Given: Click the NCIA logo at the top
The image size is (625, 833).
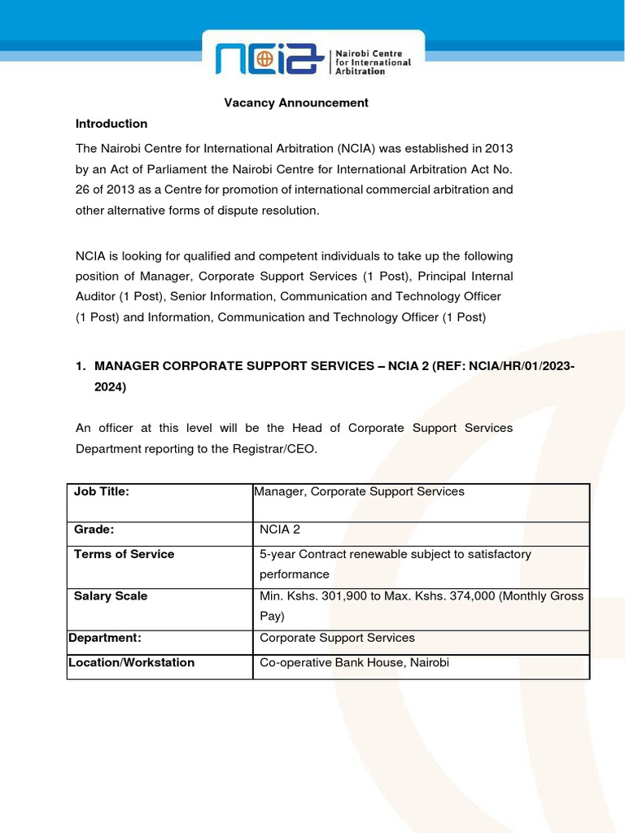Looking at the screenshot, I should point(312,59).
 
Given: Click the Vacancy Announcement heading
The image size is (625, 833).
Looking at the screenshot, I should point(296,102).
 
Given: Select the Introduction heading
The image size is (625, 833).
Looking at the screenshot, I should point(111,124).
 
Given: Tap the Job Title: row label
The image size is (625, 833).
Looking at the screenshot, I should point(102,491).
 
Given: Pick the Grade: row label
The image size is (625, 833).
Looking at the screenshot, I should point(94,530).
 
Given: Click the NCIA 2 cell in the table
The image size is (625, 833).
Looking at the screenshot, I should point(280,530).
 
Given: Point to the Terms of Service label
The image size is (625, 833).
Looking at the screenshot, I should point(124,554).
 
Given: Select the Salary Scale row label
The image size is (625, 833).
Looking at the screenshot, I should point(111,596).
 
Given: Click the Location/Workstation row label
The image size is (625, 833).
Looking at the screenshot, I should point(131,663).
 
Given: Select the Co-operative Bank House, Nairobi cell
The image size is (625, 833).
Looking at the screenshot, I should point(354,663).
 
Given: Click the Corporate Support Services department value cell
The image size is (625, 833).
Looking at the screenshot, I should point(337,638).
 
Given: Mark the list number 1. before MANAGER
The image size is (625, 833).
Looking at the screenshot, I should point(81,367).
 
